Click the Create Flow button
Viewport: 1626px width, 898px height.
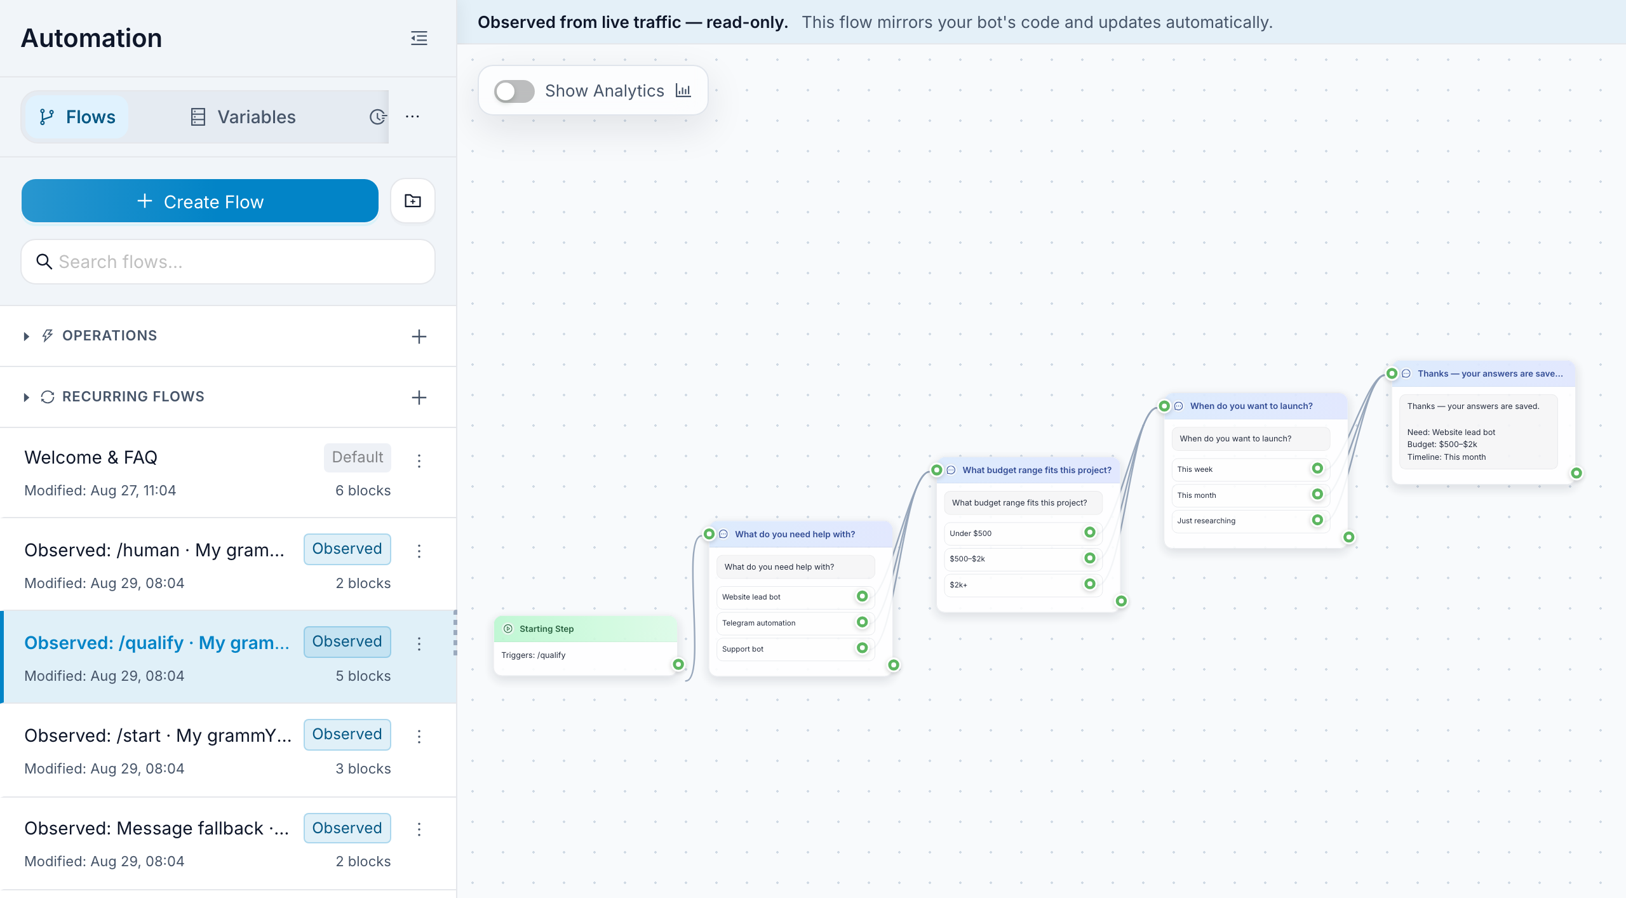pyautogui.click(x=200, y=201)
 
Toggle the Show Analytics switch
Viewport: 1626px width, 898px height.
pyautogui.click(x=514, y=91)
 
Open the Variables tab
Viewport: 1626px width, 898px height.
pyautogui.click(x=243, y=117)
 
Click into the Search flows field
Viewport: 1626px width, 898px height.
pyautogui.click(x=228, y=262)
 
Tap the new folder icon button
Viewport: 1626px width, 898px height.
pyautogui.click(x=413, y=201)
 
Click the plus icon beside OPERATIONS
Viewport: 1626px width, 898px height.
pyautogui.click(x=419, y=337)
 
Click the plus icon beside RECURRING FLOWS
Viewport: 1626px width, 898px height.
pyautogui.click(x=419, y=398)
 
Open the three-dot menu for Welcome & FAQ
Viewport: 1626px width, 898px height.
pyautogui.click(x=419, y=460)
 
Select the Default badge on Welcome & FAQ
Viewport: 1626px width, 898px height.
pyautogui.click(x=358, y=457)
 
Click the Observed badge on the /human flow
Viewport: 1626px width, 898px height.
pyautogui.click(x=347, y=549)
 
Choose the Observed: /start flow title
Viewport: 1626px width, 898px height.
pyautogui.click(x=158, y=735)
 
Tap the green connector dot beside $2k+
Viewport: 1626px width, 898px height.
pyautogui.click(x=1090, y=584)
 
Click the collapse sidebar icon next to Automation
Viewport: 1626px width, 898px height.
pyautogui.click(x=419, y=38)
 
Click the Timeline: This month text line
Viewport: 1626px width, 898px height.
pyautogui.click(x=1446, y=457)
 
